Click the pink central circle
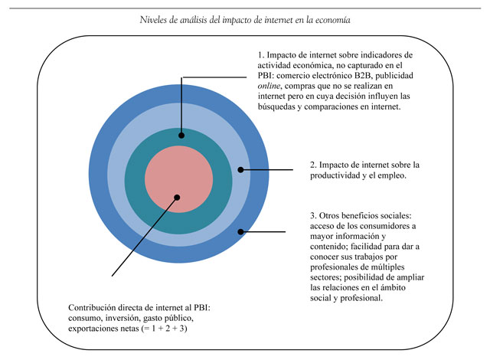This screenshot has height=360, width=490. click(x=178, y=179)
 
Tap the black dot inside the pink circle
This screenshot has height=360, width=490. click(x=177, y=198)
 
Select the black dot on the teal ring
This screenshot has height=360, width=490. click(x=181, y=136)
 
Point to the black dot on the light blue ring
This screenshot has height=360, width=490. click(x=240, y=170)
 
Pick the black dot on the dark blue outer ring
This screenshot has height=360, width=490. click(x=240, y=232)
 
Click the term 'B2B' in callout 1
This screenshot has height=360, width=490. click(x=363, y=76)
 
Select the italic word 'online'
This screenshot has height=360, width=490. click(x=269, y=86)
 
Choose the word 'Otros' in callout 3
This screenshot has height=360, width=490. click(x=328, y=216)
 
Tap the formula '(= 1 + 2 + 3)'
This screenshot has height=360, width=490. click(x=164, y=329)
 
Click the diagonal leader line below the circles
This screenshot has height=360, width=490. click(x=145, y=237)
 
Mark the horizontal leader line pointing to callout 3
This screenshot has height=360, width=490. click(x=263, y=232)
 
